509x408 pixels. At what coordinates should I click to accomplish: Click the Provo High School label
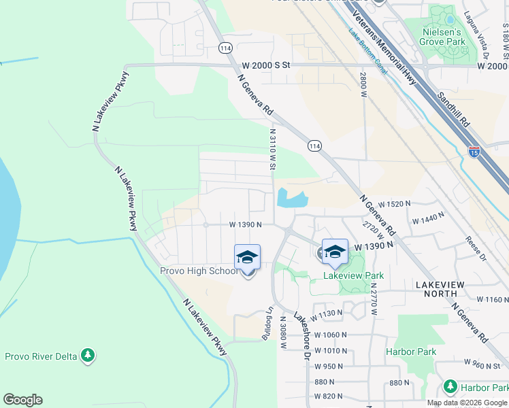pos(199,271)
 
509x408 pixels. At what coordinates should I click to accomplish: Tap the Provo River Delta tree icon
pos(87,355)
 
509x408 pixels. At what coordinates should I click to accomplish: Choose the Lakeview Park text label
pos(353,275)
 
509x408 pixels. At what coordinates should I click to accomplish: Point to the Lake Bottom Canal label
pos(368,52)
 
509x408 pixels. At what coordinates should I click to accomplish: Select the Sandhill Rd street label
pos(454,109)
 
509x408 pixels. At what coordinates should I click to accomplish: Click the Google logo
pos(22,400)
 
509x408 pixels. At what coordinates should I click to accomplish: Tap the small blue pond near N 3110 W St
pos(291,199)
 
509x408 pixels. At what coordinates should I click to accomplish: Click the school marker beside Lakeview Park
pos(335,252)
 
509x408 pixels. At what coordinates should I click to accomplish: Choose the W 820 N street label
pos(329,396)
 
